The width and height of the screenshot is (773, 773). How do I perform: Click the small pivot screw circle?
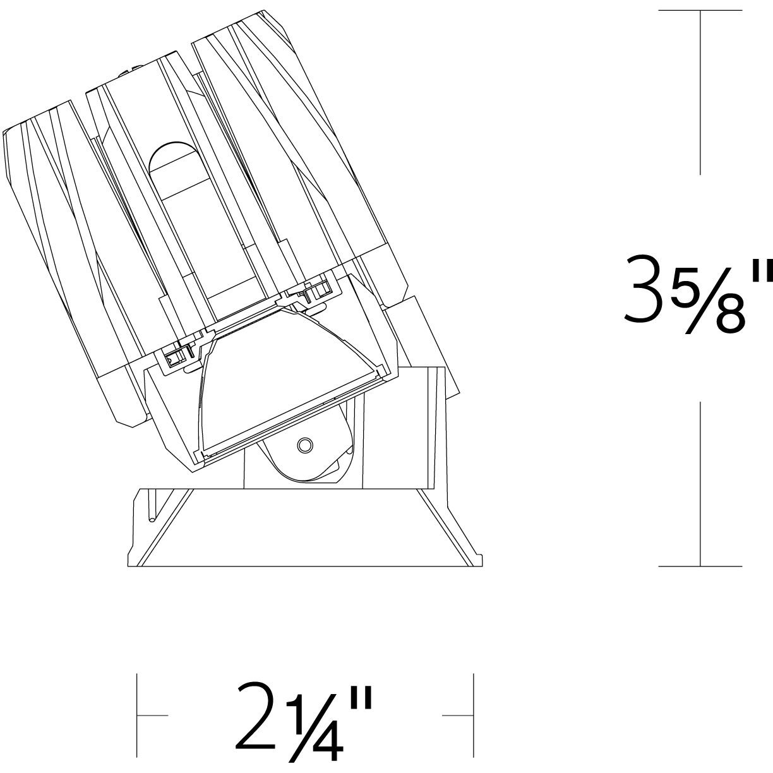tap(304, 445)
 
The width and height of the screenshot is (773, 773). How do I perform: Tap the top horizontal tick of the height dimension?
tap(700, 11)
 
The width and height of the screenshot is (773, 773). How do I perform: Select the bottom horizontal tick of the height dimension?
tap(700, 566)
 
